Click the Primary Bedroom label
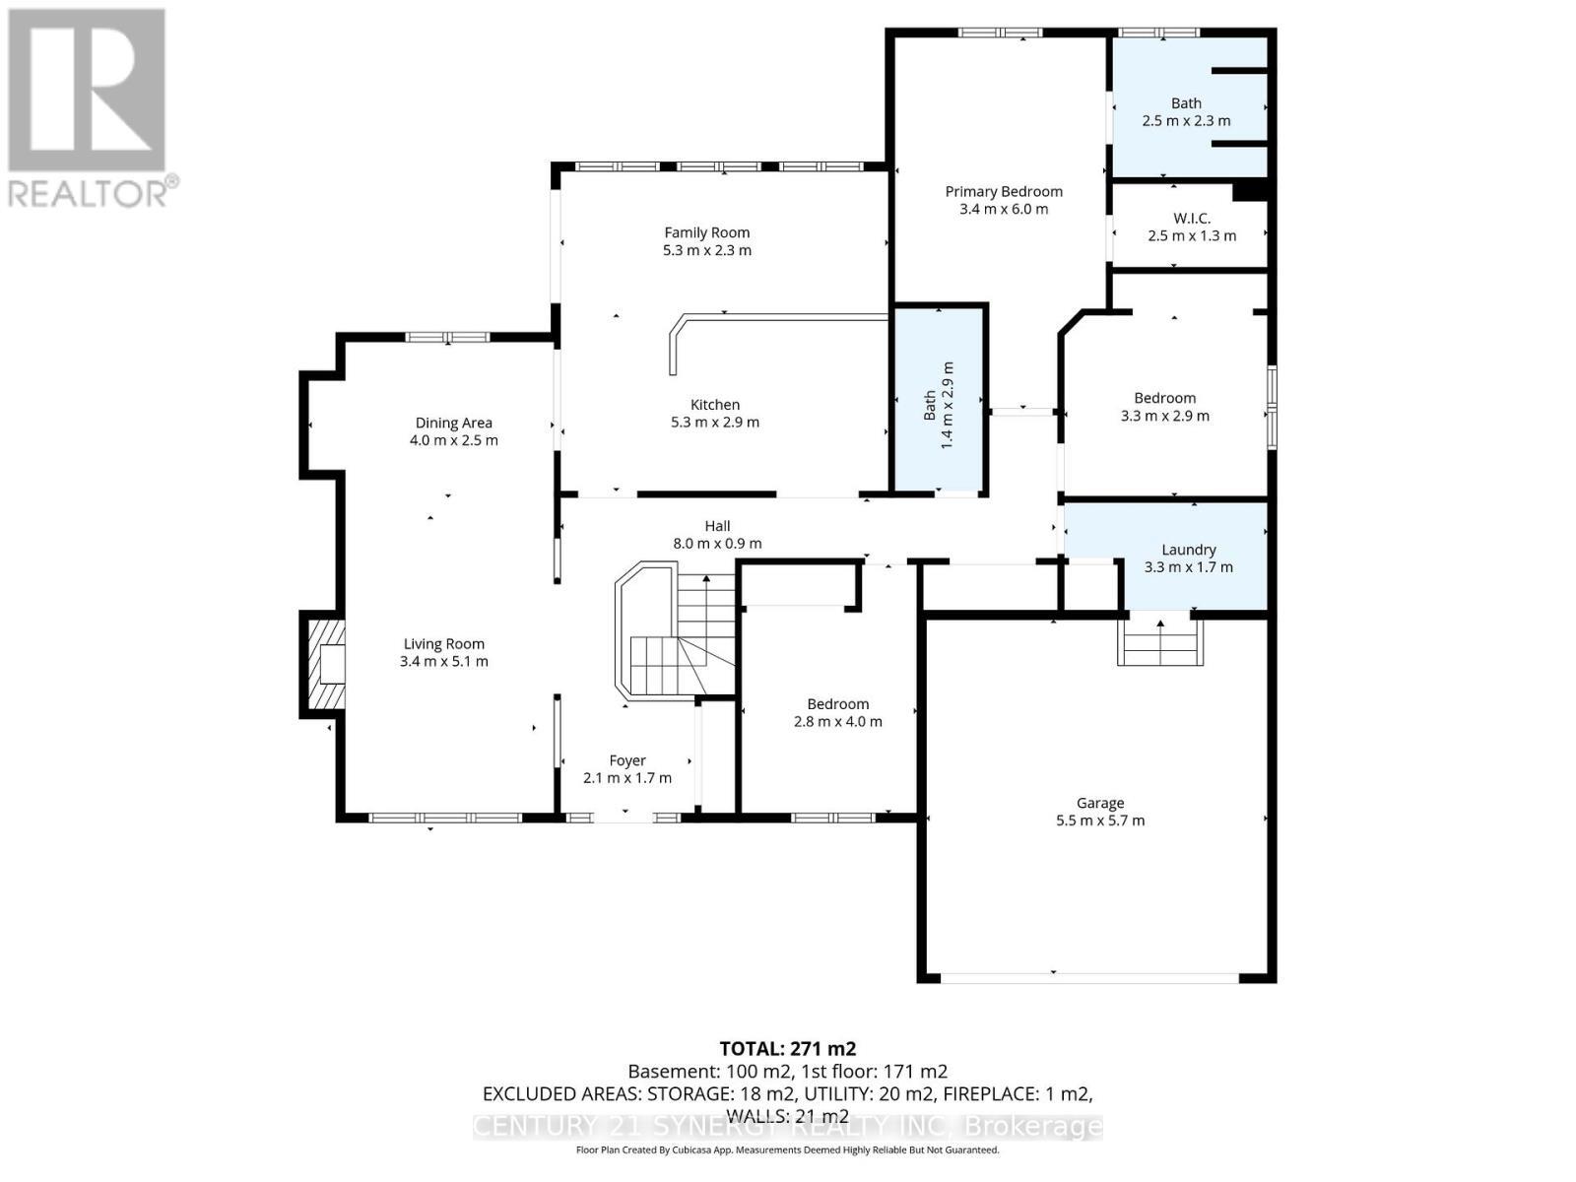pyautogui.click(x=1004, y=192)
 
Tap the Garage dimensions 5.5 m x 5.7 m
pyautogui.click(x=1099, y=821)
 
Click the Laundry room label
pyautogui.click(x=1188, y=550)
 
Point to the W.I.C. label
pyautogui.click(x=1192, y=218)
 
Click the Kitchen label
pyautogui.click(x=715, y=405)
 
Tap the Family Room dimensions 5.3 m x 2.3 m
pyautogui.click(x=706, y=250)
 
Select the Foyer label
pyautogui.click(x=627, y=760)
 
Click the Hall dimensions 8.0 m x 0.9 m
pyautogui.click(x=717, y=544)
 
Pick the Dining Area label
pyautogui.click(x=453, y=424)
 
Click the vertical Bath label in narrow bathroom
pyautogui.click(x=930, y=405)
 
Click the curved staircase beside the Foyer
pyautogui.click(x=670, y=635)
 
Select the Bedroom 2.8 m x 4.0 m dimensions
pyautogui.click(x=837, y=722)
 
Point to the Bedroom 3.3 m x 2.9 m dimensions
pyautogui.click(x=1164, y=416)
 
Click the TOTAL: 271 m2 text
pyautogui.click(x=787, y=1049)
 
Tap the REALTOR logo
pyautogui.click(x=89, y=108)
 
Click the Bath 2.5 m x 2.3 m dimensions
pyautogui.click(x=1186, y=121)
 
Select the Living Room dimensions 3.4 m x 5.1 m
pyautogui.click(x=443, y=662)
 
